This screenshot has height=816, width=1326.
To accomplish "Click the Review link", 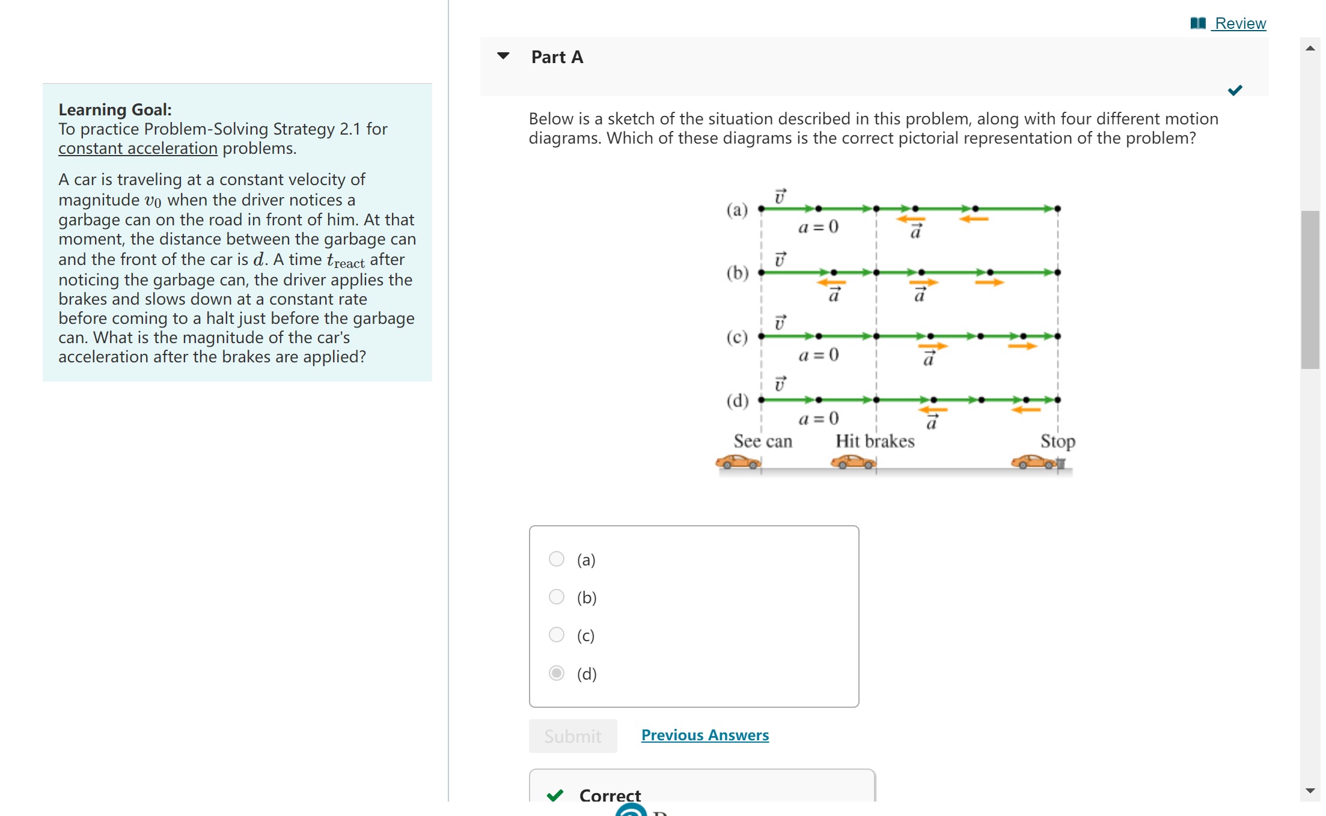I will tap(1239, 23).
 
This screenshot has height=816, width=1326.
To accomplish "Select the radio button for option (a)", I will tap(557, 559).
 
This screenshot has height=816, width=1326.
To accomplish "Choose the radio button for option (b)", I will tap(557, 597).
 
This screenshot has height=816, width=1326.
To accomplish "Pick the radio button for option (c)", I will tap(557, 635).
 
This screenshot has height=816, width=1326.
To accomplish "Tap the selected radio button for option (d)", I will tap(557, 673).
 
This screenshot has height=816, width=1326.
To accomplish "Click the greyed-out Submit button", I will tap(573, 736).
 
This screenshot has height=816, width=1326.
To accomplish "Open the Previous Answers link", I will tap(704, 735).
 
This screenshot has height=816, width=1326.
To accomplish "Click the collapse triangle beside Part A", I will tap(504, 56).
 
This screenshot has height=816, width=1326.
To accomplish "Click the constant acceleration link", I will tap(138, 148).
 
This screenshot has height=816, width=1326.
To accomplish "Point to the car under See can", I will tap(738, 462).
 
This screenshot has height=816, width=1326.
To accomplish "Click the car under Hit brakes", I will tap(853, 462).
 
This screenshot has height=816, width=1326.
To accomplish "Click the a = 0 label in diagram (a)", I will tap(818, 227).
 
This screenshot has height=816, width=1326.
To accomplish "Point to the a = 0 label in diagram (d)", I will tap(818, 418).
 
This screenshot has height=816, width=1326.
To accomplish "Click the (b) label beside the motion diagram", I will tap(738, 273).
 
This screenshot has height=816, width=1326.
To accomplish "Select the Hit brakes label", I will tap(875, 442).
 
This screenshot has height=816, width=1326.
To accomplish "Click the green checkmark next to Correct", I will tap(555, 795).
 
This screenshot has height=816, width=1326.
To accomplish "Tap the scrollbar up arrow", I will tap(1310, 48).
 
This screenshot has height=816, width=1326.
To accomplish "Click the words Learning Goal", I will tap(115, 110).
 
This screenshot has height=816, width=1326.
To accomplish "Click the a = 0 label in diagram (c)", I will tap(818, 355).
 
